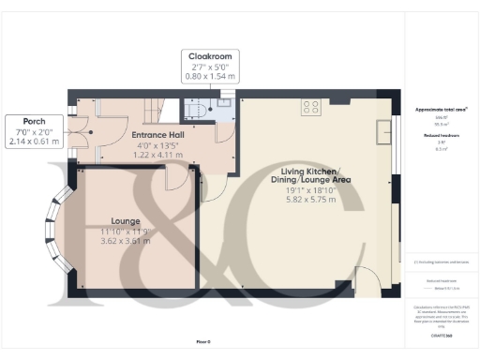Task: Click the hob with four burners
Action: [x=311, y=107]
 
